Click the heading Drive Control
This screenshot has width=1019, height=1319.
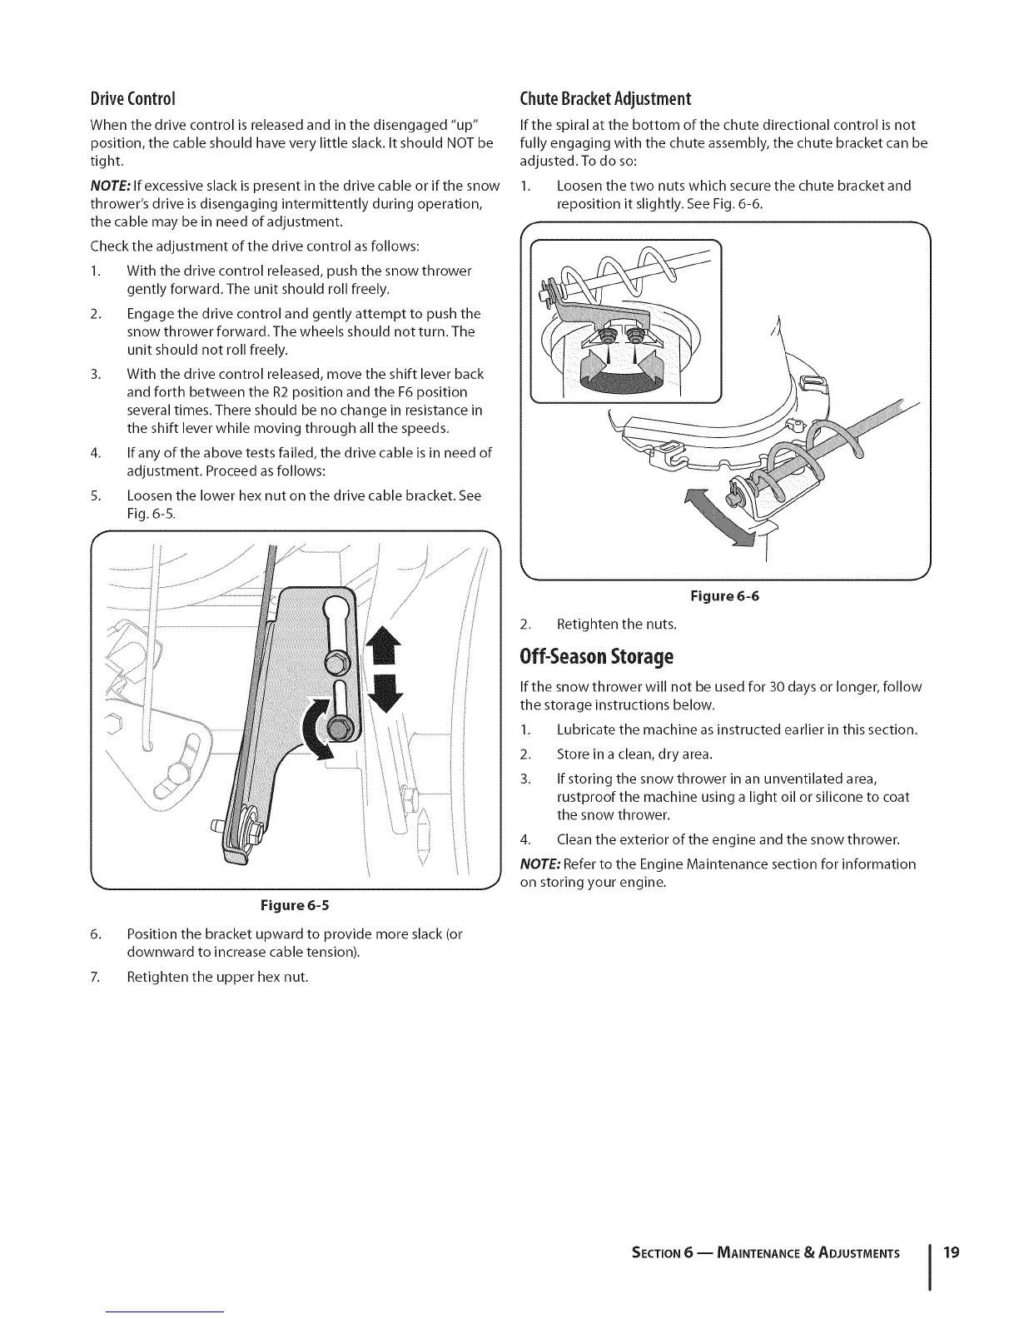131,99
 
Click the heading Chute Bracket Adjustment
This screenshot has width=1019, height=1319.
605,99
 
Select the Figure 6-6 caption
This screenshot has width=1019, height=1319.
725,596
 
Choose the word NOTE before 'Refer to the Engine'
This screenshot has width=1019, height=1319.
539,864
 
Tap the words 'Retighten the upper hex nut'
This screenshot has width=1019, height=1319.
217,977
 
